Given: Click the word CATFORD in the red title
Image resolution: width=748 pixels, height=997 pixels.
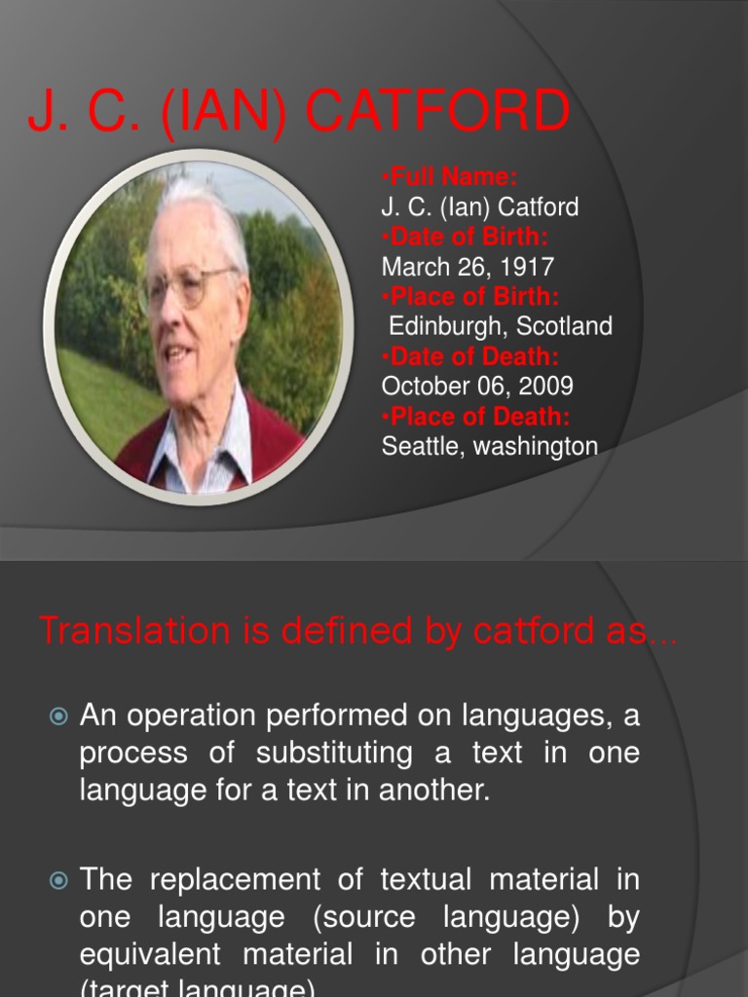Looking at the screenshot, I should pos(437,113).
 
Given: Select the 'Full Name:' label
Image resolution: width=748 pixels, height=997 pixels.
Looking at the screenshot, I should pos(449,177).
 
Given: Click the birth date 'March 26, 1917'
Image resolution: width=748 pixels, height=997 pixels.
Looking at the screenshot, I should pos(468,267).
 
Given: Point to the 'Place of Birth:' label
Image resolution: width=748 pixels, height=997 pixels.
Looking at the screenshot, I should pos(470,297).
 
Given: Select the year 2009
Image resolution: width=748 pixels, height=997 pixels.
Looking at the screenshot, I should pos(545,387).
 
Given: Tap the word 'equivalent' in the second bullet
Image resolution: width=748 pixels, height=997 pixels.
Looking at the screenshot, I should pos(147,954).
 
